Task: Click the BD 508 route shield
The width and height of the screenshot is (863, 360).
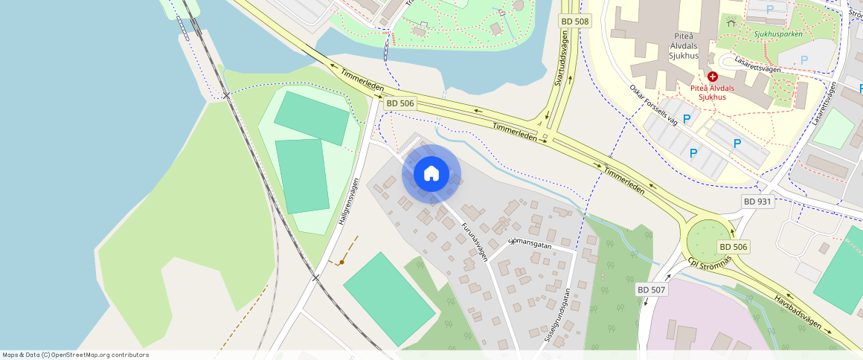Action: [574, 22]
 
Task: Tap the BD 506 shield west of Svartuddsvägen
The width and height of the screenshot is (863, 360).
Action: [400, 103]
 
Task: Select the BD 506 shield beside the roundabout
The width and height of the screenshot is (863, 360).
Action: [733, 246]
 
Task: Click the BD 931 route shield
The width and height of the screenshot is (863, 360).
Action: [757, 202]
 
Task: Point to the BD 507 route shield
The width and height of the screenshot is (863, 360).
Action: [652, 289]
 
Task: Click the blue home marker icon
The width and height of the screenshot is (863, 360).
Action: [431, 174]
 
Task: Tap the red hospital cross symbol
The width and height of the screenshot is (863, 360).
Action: [712, 77]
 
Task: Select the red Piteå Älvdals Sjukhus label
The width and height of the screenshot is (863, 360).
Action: [712, 92]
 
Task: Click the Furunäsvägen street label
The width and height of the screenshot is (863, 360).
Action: [474, 242]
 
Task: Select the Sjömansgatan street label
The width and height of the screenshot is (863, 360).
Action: [530, 242]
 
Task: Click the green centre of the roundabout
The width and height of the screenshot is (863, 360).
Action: [705, 240]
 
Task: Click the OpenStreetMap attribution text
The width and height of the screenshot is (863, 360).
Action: [75, 355]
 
